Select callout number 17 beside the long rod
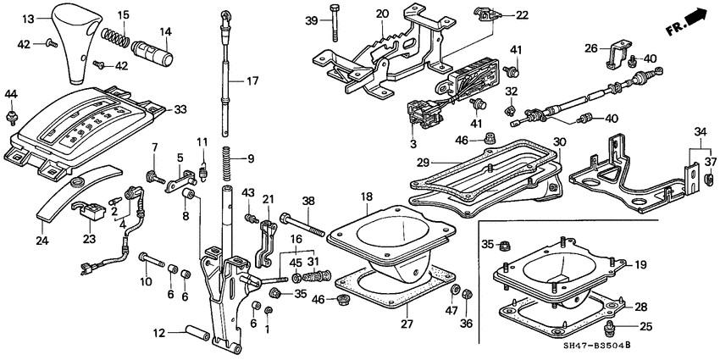tap(252, 81)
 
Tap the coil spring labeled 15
tap(116, 37)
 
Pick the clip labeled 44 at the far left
tap(11, 111)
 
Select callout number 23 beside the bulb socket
tap(87, 239)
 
